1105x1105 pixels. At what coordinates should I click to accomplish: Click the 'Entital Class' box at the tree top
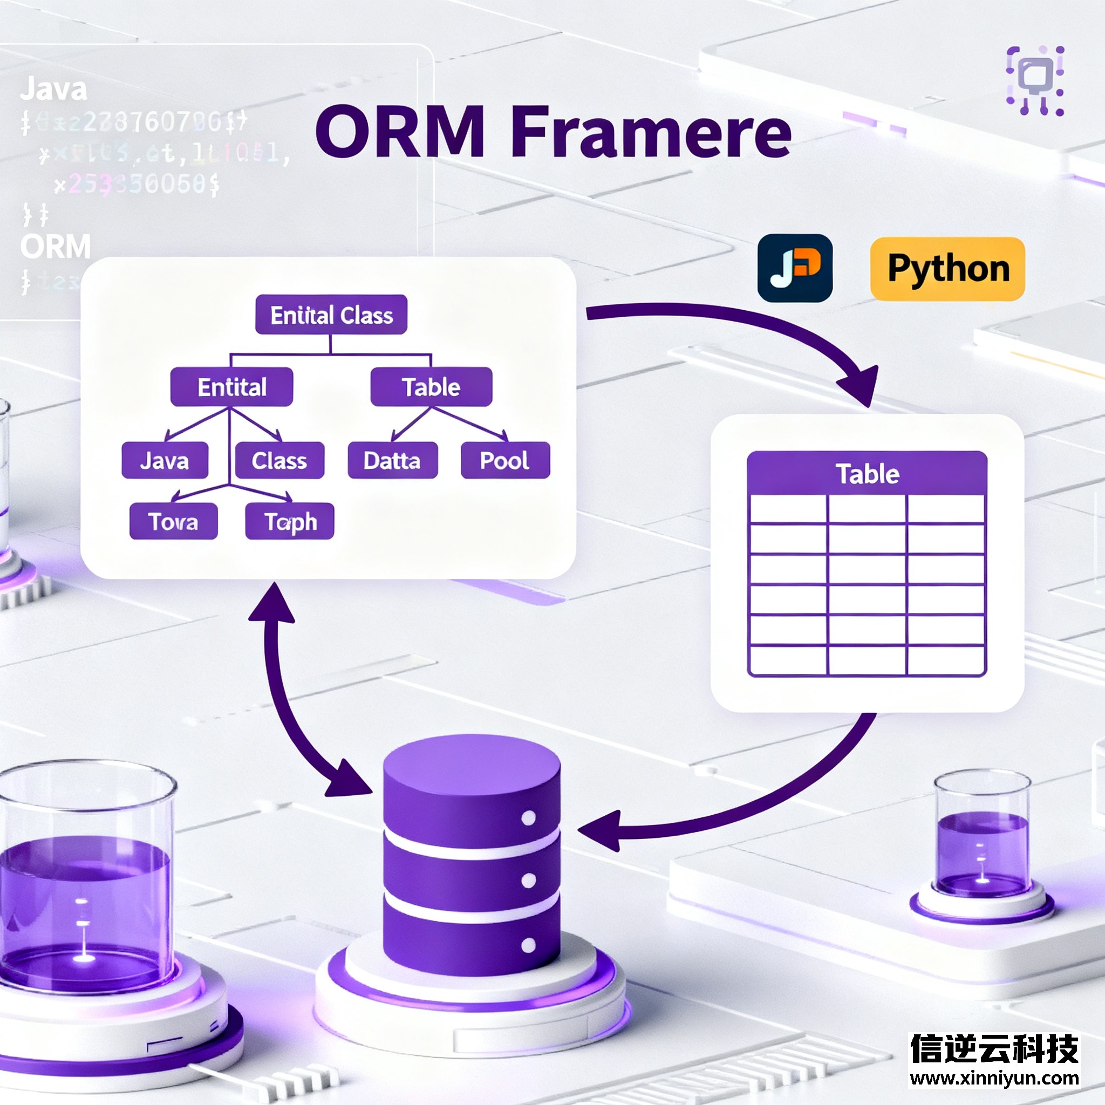pyautogui.click(x=331, y=315)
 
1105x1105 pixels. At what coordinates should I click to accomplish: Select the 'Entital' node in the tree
pyautogui.click(x=231, y=387)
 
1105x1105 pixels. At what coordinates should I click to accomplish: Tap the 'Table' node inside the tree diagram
pyautogui.click(x=431, y=387)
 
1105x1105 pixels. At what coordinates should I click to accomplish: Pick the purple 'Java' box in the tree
pyautogui.click(x=165, y=460)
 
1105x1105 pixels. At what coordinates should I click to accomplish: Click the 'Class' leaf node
pyautogui.click(x=279, y=460)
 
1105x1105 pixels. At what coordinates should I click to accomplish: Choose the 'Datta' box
pyautogui.click(x=392, y=460)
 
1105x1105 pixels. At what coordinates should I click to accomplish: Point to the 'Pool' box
pyautogui.click(x=505, y=460)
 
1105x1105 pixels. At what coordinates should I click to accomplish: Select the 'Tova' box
pyautogui.click(x=173, y=521)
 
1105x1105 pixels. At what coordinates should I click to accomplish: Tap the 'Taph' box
pyautogui.click(x=289, y=521)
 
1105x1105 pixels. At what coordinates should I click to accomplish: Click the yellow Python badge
pyautogui.click(x=947, y=269)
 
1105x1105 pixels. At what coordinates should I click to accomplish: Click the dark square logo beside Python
pyautogui.click(x=794, y=268)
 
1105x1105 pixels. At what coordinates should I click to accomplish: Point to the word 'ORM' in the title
pyautogui.click(x=400, y=133)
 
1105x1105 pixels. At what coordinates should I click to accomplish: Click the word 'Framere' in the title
pyautogui.click(x=650, y=133)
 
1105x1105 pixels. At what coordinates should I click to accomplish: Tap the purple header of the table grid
pyautogui.click(x=867, y=474)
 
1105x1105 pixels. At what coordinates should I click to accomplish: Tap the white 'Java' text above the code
pyautogui.click(x=54, y=90)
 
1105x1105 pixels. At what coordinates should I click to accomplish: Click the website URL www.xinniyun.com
pyautogui.click(x=994, y=1078)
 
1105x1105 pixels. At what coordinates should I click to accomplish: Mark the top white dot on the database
pyautogui.click(x=528, y=818)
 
